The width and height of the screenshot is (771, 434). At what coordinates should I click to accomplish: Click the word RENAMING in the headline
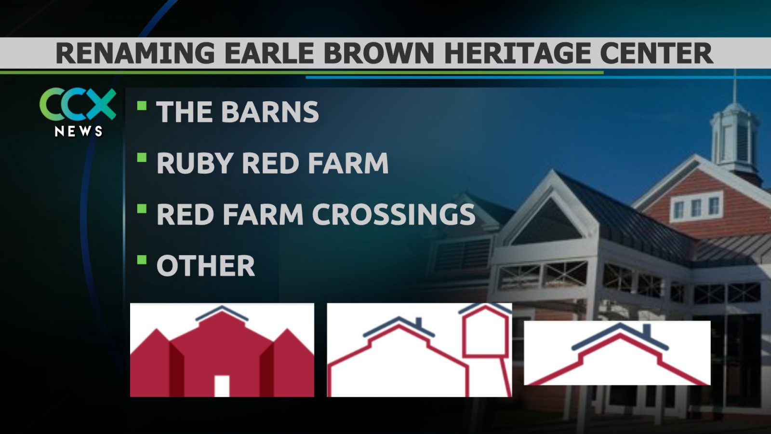135,53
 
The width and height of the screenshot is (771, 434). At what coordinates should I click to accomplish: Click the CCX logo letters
78,104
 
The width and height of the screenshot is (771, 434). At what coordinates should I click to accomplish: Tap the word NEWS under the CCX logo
79,131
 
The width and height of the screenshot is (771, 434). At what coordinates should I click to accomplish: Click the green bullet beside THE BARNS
142,106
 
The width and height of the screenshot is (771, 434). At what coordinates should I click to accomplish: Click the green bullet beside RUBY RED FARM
142,157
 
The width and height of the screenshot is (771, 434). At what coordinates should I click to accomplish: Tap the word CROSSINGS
393,214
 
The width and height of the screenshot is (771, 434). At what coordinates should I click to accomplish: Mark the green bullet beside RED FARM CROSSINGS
142,209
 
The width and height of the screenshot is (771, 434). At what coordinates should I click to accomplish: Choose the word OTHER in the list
206,266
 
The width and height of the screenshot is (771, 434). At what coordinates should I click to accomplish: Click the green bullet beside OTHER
142,260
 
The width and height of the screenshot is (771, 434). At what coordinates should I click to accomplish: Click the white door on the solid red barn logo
222,386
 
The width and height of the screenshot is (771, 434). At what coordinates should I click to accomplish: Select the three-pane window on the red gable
696,207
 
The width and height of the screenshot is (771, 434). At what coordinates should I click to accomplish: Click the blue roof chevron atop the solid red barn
222,313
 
